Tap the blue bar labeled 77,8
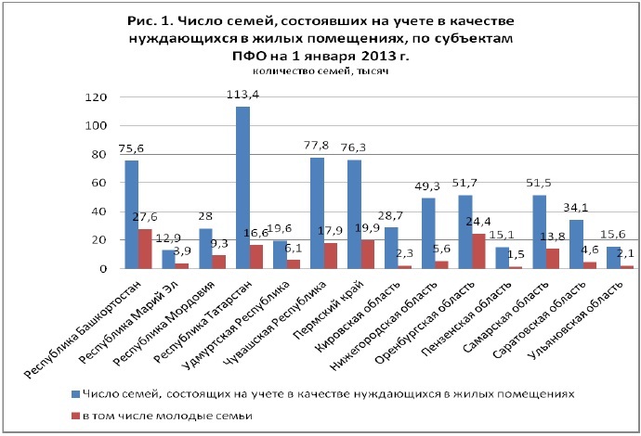click(317, 212)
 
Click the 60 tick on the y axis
click(98, 183)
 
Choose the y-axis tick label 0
click(102, 269)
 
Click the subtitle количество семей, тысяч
click(320, 72)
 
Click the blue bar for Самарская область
click(540, 232)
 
